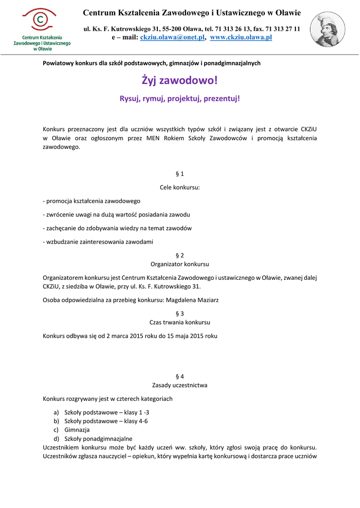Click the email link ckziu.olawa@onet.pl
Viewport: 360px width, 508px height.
point(173,38)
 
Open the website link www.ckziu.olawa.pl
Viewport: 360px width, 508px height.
point(241,38)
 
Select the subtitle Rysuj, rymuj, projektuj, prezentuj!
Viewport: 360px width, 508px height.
point(180,99)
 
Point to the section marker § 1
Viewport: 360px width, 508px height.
point(180,174)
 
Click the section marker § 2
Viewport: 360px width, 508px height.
point(180,255)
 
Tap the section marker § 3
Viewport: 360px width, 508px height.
point(180,314)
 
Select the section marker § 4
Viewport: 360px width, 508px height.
point(180,376)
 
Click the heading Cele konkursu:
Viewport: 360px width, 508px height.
point(180,188)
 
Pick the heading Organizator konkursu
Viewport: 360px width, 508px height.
point(180,264)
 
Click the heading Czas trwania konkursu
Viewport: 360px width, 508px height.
point(180,322)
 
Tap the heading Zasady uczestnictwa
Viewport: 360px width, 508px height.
point(180,385)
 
